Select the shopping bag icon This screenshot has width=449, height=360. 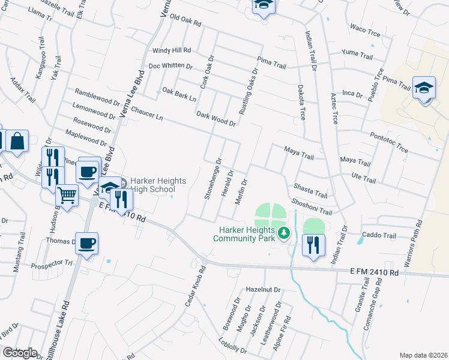(x=17, y=142)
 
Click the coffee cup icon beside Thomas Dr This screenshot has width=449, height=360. (x=87, y=243)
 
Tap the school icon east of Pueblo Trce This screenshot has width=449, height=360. (x=423, y=88)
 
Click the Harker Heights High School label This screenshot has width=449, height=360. (x=159, y=185)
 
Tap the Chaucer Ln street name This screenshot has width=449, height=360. (x=146, y=112)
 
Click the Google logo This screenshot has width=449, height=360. (x=20, y=352)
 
